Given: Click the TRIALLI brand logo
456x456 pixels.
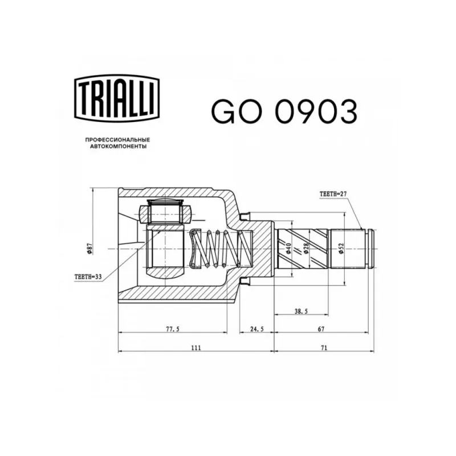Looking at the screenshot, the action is point(117,98).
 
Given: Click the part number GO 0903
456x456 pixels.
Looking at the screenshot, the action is point(284,111).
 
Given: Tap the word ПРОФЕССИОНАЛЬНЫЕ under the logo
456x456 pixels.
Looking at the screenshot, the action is point(117,140).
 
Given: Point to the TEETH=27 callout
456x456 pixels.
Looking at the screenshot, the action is point(333,194).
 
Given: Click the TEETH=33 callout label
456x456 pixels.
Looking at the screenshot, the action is point(88,276).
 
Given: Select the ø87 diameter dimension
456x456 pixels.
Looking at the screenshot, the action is point(89,249).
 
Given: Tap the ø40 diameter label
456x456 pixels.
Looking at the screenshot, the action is point(288,249).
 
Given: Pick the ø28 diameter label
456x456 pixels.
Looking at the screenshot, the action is point(306,249).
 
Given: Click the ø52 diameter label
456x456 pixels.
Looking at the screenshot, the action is point(341,249).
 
